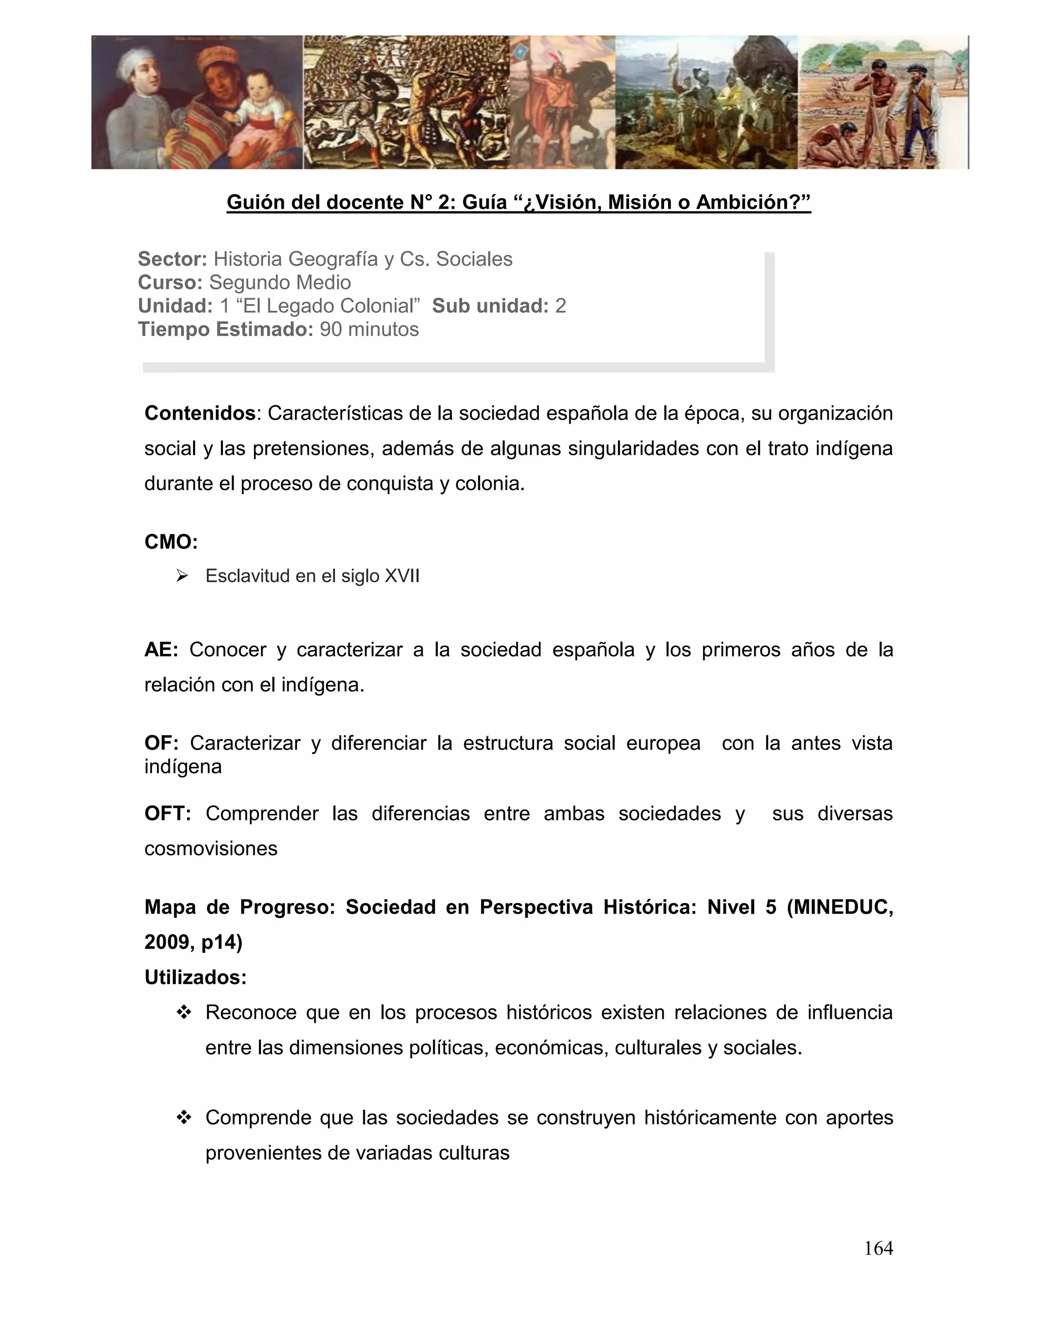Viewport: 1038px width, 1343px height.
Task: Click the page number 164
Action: point(878,1248)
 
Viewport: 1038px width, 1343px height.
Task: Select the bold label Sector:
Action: point(172,259)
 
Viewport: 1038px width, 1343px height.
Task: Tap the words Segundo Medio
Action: point(280,282)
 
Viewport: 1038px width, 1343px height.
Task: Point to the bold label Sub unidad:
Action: point(490,306)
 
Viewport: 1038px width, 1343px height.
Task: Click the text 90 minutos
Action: point(369,329)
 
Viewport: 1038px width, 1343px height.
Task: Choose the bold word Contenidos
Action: point(200,413)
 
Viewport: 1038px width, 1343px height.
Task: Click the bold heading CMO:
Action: point(171,542)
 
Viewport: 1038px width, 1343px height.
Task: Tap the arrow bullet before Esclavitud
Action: point(181,576)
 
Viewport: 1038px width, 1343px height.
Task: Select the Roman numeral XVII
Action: point(401,576)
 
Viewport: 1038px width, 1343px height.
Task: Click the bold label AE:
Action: point(161,649)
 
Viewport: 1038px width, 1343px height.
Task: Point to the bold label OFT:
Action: point(167,813)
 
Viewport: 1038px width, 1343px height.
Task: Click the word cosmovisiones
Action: point(211,848)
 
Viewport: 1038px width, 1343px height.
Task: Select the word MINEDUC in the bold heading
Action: point(845,907)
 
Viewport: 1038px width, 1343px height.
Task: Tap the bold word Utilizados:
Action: point(196,977)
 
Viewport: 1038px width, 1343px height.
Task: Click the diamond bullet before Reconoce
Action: point(183,1013)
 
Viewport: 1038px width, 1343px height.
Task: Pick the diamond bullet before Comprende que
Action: point(183,1117)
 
